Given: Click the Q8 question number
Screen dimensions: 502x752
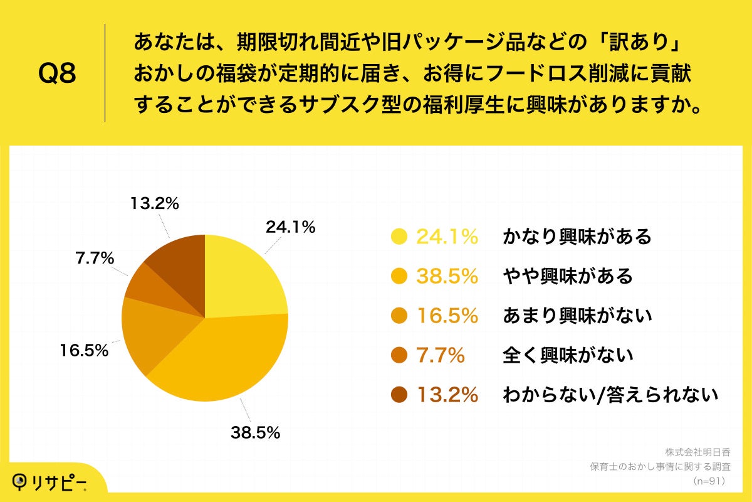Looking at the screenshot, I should pyautogui.click(x=57, y=73).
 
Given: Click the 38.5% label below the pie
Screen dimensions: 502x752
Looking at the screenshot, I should pyautogui.click(x=254, y=432).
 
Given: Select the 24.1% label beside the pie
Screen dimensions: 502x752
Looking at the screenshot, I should pyautogui.click(x=290, y=227).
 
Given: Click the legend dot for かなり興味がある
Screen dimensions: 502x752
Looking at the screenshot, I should pyautogui.click(x=399, y=237).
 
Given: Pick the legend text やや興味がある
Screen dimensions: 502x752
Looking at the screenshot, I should pyautogui.click(x=568, y=276).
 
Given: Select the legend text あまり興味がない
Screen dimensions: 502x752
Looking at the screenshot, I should pyautogui.click(x=577, y=316).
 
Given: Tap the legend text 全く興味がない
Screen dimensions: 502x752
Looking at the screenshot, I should pyautogui.click(x=568, y=355).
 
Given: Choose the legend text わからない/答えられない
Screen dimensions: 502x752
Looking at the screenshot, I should pyautogui.click(x=610, y=395).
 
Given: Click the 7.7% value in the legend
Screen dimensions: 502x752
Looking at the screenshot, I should pyautogui.click(x=441, y=355).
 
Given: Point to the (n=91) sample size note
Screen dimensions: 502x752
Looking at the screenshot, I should pyautogui.click(x=709, y=481).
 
